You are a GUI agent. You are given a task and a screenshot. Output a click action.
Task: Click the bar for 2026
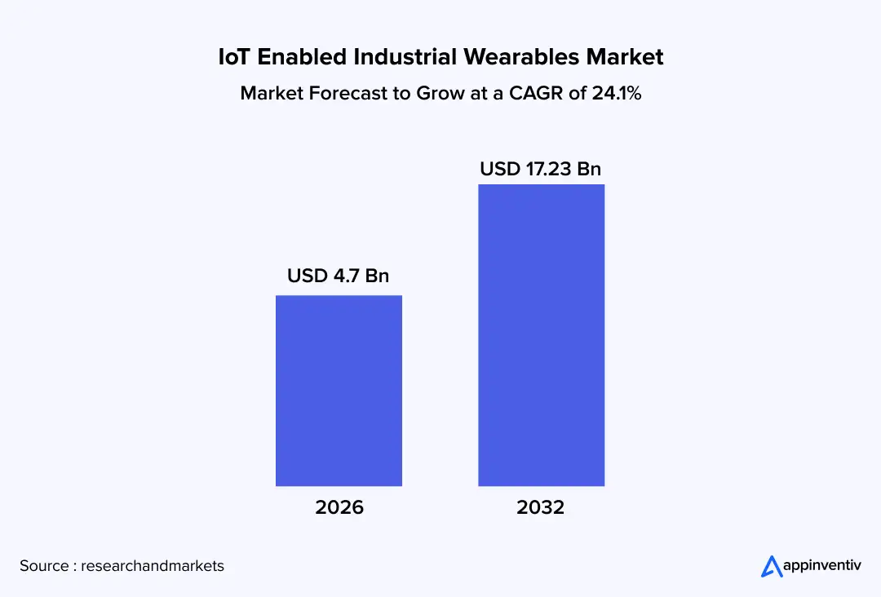pyautogui.click(x=339, y=391)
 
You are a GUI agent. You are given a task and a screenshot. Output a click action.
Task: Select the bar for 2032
pyautogui.click(x=541, y=335)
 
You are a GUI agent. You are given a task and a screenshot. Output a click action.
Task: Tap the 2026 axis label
pyautogui.click(x=339, y=507)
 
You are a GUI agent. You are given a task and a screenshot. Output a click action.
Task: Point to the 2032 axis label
pyautogui.click(x=541, y=507)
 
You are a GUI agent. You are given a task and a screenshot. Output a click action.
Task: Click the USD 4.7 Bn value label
pyautogui.click(x=339, y=276)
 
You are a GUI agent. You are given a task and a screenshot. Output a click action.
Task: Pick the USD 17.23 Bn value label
pyautogui.click(x=541, y=169)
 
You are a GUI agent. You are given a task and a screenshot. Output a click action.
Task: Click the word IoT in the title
pyautogui.click(x=235, y=57)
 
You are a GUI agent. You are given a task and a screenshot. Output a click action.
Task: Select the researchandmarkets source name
pyautogui.click(x=153, y=565)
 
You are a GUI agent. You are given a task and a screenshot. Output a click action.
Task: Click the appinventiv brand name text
pyautogui.click(x=823, y=565)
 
